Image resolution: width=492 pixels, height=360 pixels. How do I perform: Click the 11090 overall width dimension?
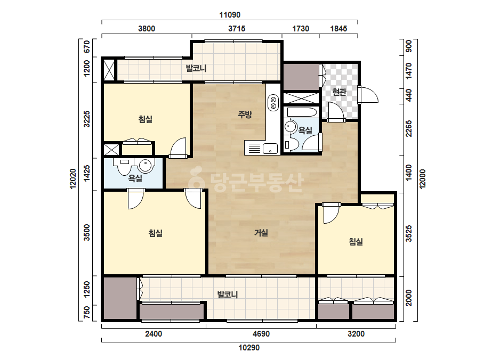pyautogui.click(x=230, y=15)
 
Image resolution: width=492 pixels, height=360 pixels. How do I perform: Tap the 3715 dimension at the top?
pyautogui.click(x=237, y=29)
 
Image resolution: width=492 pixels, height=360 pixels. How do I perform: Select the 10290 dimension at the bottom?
pyautogui.click(x=249, y=347)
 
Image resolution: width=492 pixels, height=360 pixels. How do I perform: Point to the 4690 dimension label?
pyautogui.click(x=261, y=334)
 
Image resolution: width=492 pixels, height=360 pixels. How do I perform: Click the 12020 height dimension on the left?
pyautogui.click(x=73, y=179)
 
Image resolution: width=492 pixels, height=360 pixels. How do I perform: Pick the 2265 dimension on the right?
pyautogui.click(x=408, y=128)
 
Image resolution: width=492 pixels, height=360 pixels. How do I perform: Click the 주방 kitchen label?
pyautogui.click(x=245, y=114)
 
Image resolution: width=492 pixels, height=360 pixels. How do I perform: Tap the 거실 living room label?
pyautogui.click(x=261, y=233)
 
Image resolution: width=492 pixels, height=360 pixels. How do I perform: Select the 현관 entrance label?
pyautogui.click(x=339, y=92)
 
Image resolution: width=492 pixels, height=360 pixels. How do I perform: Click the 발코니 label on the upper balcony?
pyautogui.click(x=196, y=68)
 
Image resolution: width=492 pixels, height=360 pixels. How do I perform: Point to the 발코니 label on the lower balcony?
pyautogui.click(x=228, y=294)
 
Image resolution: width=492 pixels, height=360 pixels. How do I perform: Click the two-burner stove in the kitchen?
pyautogui.click(x=273, y=103)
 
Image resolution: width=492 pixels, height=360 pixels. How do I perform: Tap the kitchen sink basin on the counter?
pyautogui.click(x=270, y=149)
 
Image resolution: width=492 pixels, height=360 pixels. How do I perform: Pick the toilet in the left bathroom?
pyautogui.click(x=125, y=166)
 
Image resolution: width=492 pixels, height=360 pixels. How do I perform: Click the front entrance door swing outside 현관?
pyautogui.click(x=369, y=95)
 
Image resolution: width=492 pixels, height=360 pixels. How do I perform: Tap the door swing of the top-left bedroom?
pyautogui.click(x=178, y=148)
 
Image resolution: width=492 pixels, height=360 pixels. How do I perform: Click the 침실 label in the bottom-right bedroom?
pyautogui.click(x=356, y=241)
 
